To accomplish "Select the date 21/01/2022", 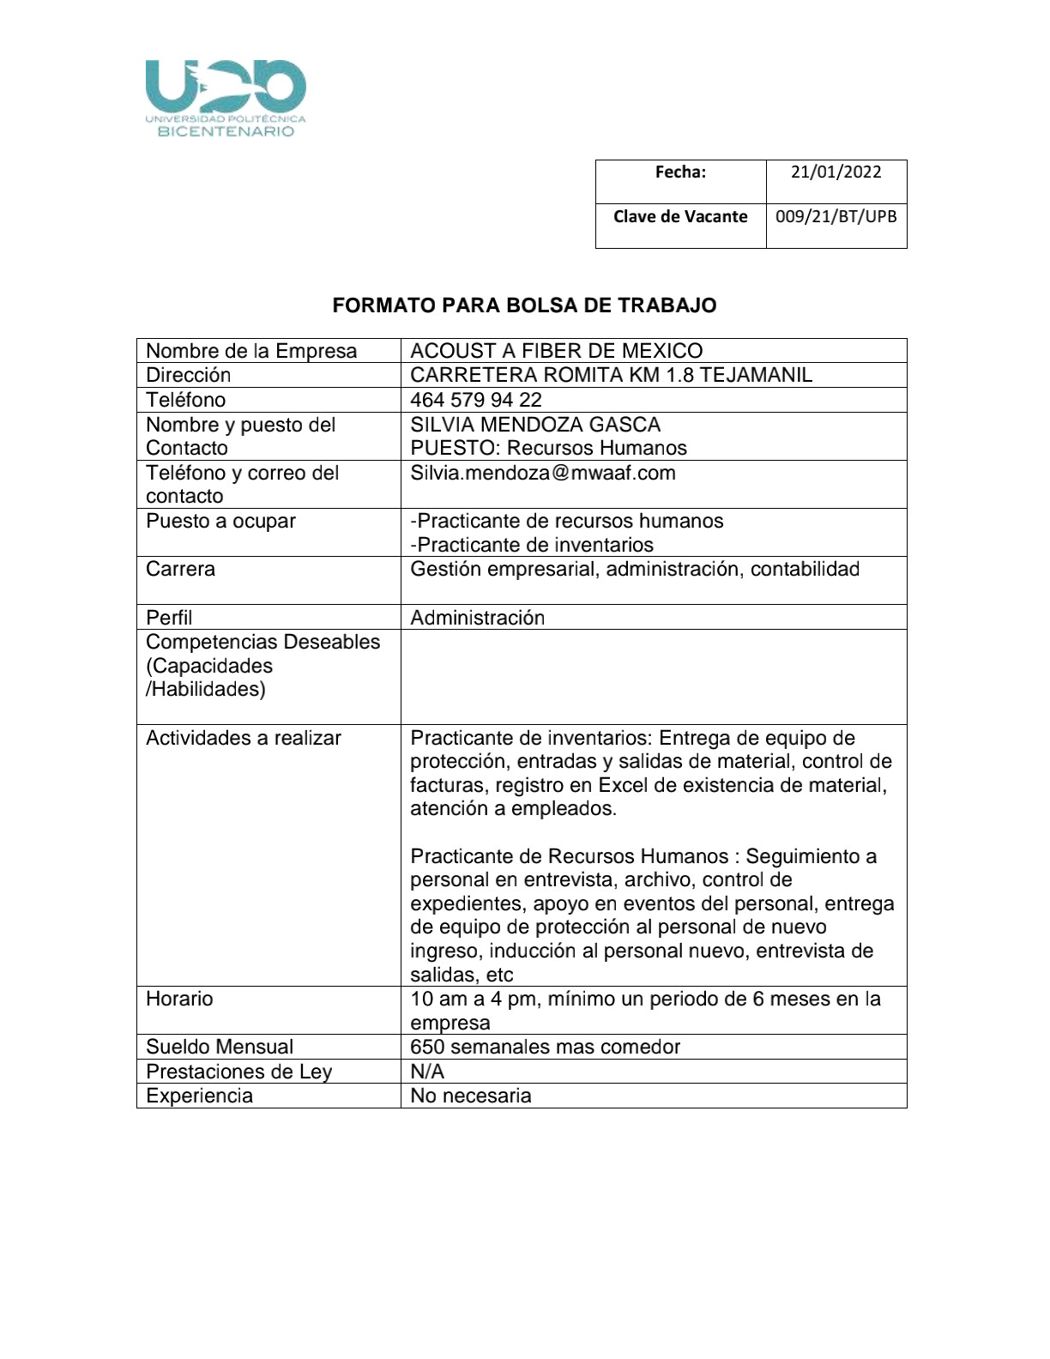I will [836, 172].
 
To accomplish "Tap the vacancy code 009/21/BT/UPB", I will [836, 216].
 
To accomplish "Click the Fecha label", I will [680, 172].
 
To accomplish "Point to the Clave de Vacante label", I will [680, 216].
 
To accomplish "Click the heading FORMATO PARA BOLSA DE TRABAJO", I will [524, 305].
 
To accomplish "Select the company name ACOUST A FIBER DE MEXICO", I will [556, 351].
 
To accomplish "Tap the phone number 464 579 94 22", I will [476, 400].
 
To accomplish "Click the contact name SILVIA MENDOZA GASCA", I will [535, 425].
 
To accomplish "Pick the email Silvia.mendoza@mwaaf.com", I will [542, 473].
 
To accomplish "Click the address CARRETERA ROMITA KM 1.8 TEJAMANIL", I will [611, 375].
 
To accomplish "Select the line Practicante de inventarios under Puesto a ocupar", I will [532, 545].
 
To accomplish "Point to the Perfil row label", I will [169, 618].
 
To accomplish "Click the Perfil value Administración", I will [477, 618].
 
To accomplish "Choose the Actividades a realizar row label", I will [244, 738].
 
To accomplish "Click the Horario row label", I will [179, 999].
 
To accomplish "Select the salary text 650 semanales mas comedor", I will [545, 1047].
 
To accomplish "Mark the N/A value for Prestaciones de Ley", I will [427, 1072].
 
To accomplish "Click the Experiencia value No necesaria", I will [470, 1096].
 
